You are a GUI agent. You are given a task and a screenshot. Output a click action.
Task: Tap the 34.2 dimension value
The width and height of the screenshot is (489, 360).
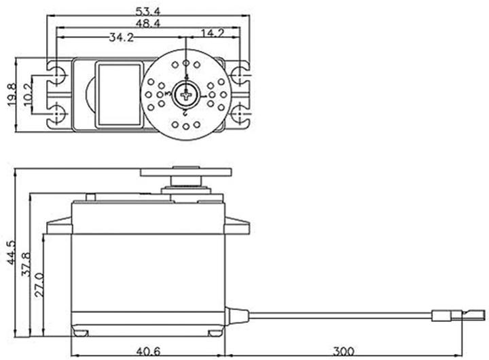120,37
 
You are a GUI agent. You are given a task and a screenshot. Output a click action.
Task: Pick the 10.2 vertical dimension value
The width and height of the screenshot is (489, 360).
26,94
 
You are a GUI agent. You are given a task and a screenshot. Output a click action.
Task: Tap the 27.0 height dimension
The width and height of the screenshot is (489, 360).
39,286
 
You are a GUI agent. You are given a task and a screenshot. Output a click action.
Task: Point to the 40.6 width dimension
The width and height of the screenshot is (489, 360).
148,351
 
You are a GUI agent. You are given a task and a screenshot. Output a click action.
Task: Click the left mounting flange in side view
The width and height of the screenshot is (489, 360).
58,226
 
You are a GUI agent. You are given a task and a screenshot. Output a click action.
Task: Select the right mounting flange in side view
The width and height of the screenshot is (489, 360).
237,226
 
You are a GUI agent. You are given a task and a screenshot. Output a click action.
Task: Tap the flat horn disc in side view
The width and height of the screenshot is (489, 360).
185,173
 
